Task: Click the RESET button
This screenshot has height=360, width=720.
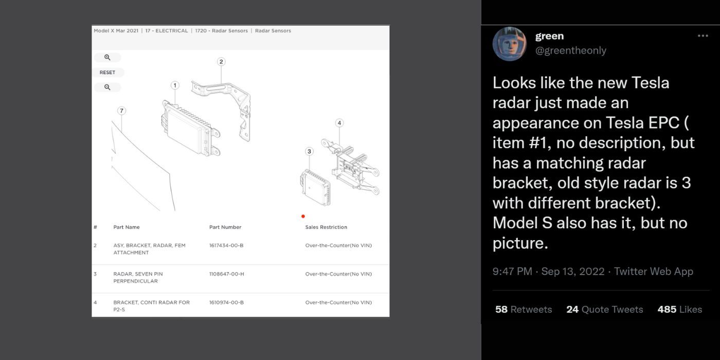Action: point(107,73)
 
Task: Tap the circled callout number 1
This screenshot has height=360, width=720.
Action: point(175,85)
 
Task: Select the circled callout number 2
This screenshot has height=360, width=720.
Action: point(221,62)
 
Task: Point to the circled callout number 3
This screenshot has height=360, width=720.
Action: point(309,151)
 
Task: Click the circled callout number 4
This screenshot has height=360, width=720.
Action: point(339,123)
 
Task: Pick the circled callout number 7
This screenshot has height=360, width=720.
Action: point(121,111)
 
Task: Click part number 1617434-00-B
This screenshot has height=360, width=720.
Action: point(226,245)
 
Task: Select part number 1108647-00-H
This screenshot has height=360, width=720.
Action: point(226,274)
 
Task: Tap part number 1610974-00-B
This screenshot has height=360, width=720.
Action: point(226,302)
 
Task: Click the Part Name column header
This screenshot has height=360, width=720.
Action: point(127,227)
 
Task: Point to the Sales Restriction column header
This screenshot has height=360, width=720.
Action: point(326,227)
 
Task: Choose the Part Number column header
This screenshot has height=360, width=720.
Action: point(225,227)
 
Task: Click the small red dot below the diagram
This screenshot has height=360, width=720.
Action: point(303,217)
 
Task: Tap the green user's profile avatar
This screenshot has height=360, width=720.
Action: point(509,44)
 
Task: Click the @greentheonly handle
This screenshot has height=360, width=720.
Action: point(571,50)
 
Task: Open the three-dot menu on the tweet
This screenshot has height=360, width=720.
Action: point(703,36)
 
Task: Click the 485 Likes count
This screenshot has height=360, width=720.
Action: point(679,309)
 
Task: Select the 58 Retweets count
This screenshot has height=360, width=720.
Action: point(524,309)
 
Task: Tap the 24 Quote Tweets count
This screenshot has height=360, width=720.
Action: point(604,309)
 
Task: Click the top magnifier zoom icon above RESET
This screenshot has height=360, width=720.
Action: point(107,58)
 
